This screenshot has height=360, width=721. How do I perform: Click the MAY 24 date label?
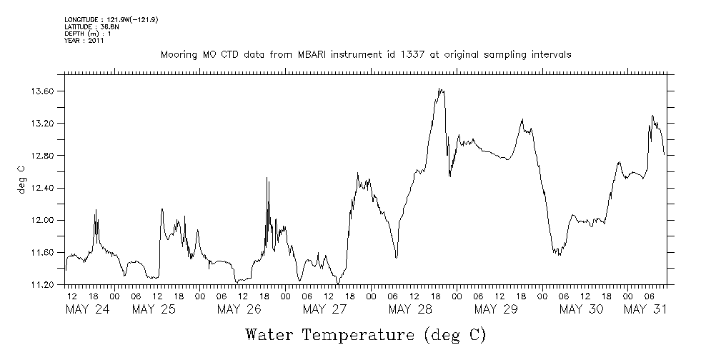click(x=89, y=309)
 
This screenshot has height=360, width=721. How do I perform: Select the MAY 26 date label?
click(x=239, y=309)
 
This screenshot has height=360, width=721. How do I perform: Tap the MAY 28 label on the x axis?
click(x=411, y=309)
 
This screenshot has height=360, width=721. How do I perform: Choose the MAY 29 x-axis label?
click(x=496, y=309)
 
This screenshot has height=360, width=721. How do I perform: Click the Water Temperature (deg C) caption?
click(x=365, y=334)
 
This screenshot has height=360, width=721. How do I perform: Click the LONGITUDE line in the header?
click(x=111, y=19)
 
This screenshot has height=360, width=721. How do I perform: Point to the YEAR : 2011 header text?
click(x=85, y=41)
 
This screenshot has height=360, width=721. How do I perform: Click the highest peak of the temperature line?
click(x=441, y=89)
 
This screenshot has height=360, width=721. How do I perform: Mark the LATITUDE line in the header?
click(x=89, y=26)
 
